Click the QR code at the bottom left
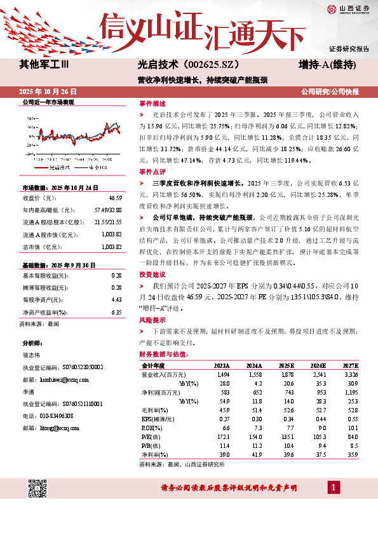(x=39, y=490)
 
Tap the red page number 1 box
(x=334, y=487)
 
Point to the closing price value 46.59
(x=115, y=199)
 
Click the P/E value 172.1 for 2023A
(x=222, y=437)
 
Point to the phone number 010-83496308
(x=54, y=416)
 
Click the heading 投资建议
(x=152, y=275)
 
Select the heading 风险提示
(x=152, y=320)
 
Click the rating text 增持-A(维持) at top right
(x=327, y=65)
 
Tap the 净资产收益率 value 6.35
(x=116, y=313)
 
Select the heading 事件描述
(x=152, y=104)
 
